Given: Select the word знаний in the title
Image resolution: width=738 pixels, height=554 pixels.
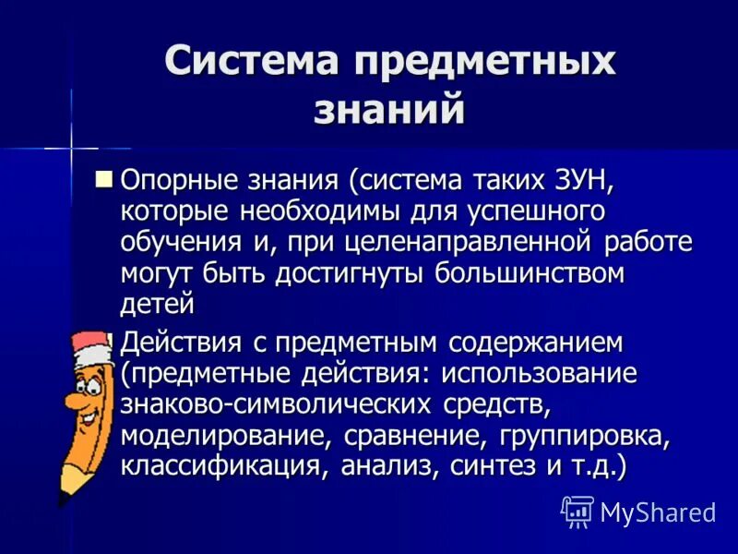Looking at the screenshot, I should pyautogui.click(x=387, y=109).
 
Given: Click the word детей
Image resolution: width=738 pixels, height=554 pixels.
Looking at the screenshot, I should pyautogui.click(x=158, y=304).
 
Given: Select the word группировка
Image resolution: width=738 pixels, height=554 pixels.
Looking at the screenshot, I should pyautogui.click(x=583, y=435).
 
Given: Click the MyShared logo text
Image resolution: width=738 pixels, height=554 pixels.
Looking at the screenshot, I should pyautogui.click(x=658, y=512).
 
